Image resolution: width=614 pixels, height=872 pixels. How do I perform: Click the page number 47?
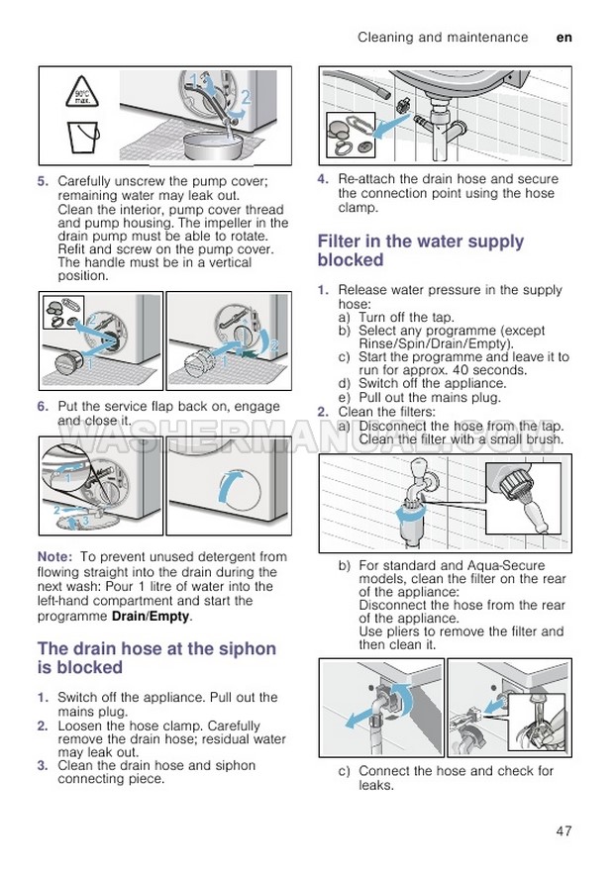point(563,830)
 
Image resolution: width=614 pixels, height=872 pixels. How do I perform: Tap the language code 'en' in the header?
point(564,38)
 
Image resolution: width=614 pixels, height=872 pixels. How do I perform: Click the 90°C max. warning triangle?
point(81,96)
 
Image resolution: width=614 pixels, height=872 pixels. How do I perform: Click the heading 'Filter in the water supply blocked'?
point(421,250)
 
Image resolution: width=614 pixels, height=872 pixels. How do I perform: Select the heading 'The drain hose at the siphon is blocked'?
point(156,658)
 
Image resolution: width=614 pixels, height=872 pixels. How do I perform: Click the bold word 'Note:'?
point(54,557)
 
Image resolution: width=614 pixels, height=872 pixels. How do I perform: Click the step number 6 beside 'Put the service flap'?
point(43,407)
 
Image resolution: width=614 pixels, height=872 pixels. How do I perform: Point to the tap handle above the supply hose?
point(417,472)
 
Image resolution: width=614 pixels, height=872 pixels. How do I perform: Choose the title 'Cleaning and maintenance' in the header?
point(443,38)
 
